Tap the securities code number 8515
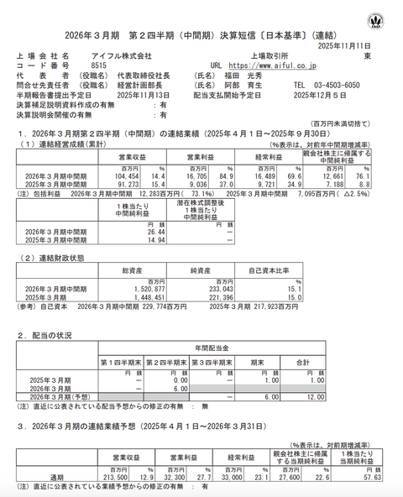pyautogui.click(x=98, y=64)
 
